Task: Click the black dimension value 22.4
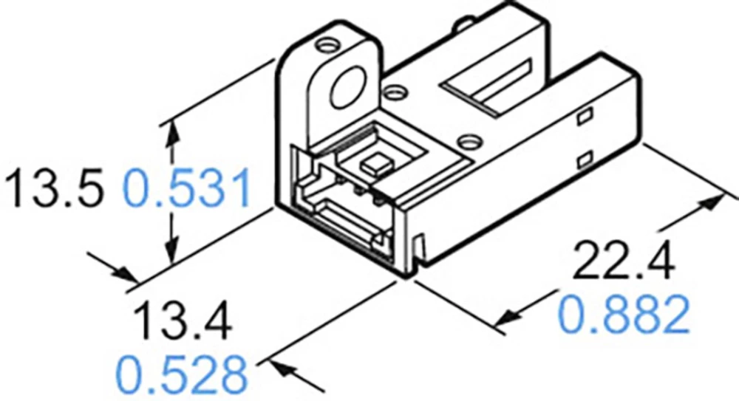pos(623,261)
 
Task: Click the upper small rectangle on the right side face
pos(585,116)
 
